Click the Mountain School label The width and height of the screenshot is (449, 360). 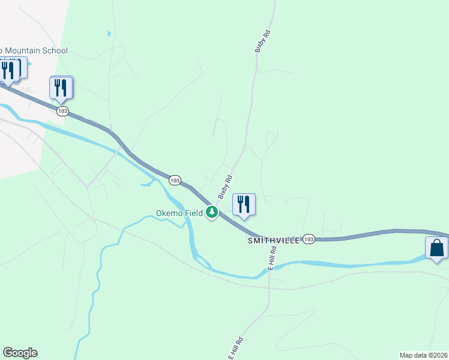[35, 51]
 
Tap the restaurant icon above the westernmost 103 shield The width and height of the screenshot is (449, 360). [61, 88]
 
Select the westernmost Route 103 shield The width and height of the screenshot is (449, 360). [63, 111]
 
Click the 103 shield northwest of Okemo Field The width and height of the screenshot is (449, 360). [175, 180]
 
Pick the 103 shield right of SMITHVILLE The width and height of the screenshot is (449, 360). [309, 239]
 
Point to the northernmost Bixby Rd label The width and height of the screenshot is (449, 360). [259, 42]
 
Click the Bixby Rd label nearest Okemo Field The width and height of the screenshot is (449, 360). [224, 187]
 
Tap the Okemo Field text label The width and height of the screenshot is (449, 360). [179, 213]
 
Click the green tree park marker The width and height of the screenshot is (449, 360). [211, 212]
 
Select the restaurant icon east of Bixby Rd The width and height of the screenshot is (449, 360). [244, 205]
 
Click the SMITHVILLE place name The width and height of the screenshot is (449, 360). [273, 240]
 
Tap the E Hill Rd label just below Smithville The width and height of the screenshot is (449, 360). [272, 258]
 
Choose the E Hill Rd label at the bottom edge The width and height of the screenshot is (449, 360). [235, 347]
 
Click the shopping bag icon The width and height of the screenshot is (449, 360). [436, 248]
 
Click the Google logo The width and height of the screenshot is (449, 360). [20, 353]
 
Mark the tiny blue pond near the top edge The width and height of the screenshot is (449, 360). [108, 34]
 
